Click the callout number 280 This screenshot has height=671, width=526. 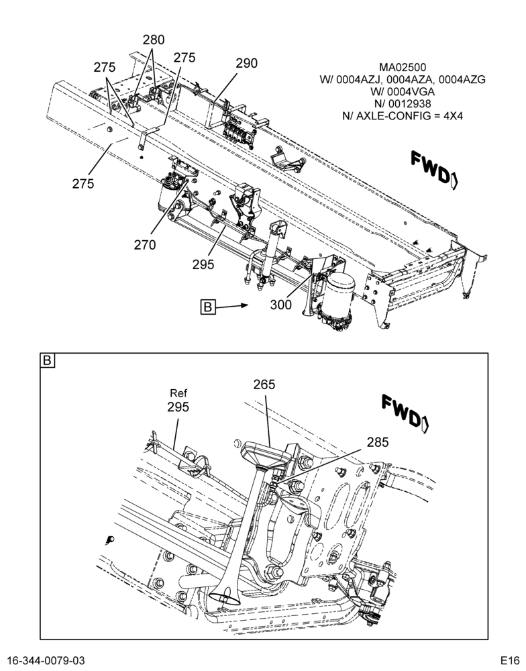(154, 40)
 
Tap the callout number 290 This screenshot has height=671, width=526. (246, 63)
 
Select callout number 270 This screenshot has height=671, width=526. (145, 245)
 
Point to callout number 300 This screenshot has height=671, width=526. (280, 305)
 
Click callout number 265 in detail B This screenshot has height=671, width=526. (264, 384)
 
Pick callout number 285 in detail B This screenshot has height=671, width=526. (378, 442)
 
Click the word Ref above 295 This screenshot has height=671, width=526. (178, 393)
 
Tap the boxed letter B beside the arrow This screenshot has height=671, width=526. (207, 307)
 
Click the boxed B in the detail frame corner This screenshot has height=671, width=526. (47, 360)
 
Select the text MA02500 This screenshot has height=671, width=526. (403, 68)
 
